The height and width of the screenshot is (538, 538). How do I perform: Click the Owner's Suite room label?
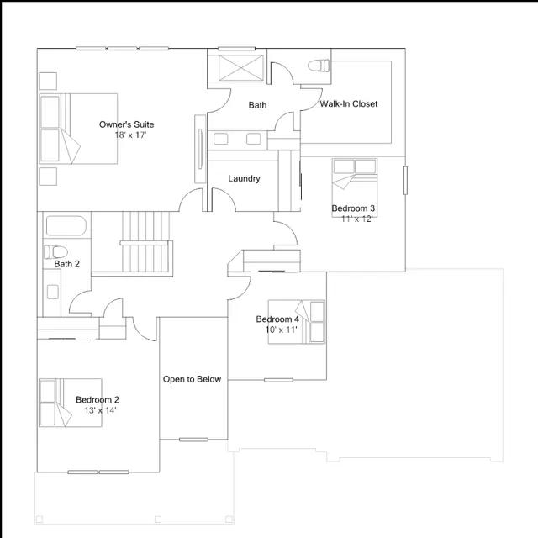click(x=126, y=124)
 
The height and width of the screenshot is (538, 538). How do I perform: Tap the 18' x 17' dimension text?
click(x=130, y=134)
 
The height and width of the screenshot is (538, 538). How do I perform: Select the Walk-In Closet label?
click(x=349, y=103)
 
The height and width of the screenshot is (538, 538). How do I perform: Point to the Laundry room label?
click(x=244, y=178)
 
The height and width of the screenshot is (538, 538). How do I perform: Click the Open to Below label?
click(x=192, y=379)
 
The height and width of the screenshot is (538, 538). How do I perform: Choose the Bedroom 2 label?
click(x=98, y=400)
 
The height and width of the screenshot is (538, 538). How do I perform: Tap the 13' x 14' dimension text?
click(x=101, y=410)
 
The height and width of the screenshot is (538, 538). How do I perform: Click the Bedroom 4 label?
click(x=277, y=319)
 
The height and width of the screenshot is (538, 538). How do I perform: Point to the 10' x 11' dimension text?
click(x=281, y=330)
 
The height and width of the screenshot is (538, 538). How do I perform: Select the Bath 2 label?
click(x=67, y=264)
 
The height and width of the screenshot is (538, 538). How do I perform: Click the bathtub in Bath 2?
click(x=66, y=226)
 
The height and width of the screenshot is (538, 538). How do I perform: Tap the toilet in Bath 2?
click(x=56, y=252)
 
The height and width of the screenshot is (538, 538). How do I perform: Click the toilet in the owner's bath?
click(x=319, y=66)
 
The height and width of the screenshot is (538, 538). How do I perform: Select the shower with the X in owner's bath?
click(x=241, y=68)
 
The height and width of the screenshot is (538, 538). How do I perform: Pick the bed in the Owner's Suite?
click(x=78, y=129)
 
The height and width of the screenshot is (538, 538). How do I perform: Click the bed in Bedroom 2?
click(x=71, y=403)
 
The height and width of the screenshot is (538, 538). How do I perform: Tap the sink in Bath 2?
click(x=52, y=292)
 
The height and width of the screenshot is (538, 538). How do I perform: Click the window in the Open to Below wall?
click(x=193, y=440)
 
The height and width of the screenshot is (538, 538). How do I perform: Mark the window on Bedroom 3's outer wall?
click(x=405, y=180)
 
